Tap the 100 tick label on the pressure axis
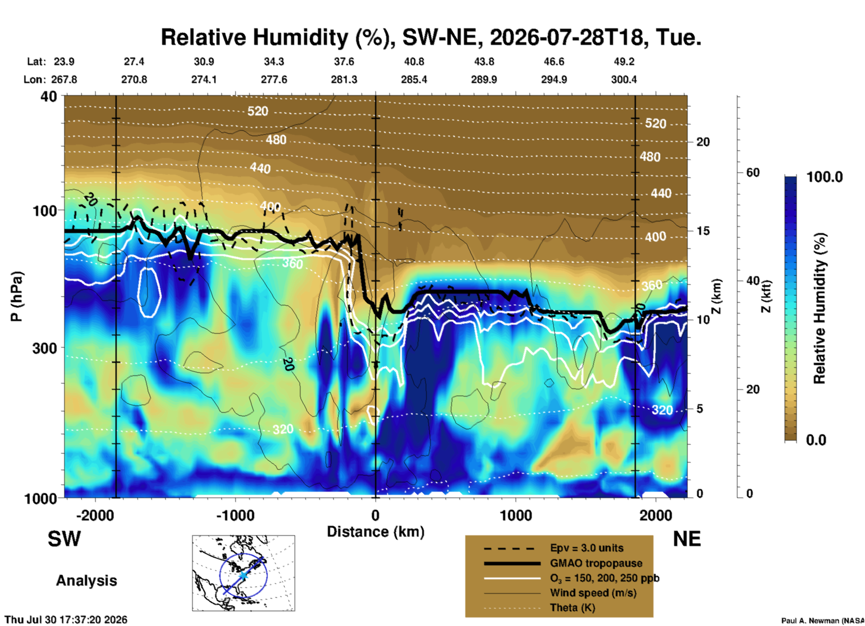point(45,211)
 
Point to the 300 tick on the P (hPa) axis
point(45,348)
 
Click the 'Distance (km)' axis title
point(375,532)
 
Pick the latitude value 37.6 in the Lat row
point(344,62)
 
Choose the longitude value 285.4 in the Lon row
point(414,79)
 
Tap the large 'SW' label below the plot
point(64,539)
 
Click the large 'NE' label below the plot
point(687,539)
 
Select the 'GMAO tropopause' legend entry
point(596,563)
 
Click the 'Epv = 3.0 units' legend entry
point(587,548)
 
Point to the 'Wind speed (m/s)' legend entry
point(593,593)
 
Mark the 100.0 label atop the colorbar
point(825,177)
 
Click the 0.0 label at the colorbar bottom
point(816,440)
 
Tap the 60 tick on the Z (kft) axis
point(753,172)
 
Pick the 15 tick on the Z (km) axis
point(703,231)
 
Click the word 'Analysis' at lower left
point(86,581)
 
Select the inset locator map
point(243,573)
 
